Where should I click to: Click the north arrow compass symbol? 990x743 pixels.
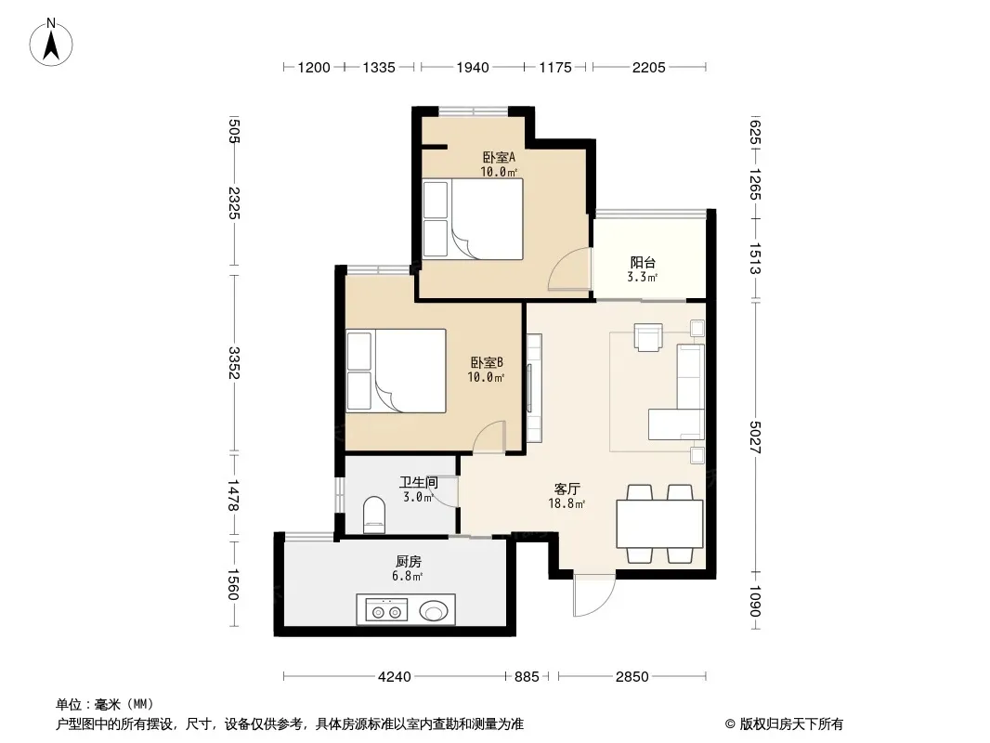(51, 43)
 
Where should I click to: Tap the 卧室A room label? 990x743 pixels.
(499, 157)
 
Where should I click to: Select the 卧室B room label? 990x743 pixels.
(486, 362)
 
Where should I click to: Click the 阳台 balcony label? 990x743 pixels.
(643, 262)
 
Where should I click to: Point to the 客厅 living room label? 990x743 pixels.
(567, 489)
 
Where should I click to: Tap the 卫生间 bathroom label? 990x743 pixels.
(419, 483)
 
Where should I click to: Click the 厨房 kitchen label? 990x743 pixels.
(409, 561)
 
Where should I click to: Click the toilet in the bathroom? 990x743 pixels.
(374, 515)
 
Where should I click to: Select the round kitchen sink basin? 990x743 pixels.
(434, 611)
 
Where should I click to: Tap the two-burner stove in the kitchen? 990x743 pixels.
(386, 611)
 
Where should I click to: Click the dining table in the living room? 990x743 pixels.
(659, 523)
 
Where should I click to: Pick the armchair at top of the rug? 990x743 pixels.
(648, 337)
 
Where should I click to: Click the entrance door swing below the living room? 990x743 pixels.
(594, 595)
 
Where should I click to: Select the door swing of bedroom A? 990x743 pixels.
(569, 269)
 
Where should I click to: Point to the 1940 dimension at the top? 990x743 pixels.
(473, 67)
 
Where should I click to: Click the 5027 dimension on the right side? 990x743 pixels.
(755, 437)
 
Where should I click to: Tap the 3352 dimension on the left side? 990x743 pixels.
(234, 362)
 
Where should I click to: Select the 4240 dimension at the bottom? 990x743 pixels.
(395, 677)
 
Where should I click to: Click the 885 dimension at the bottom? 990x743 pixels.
(527, 677)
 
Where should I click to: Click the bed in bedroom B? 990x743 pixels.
(396, 371)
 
